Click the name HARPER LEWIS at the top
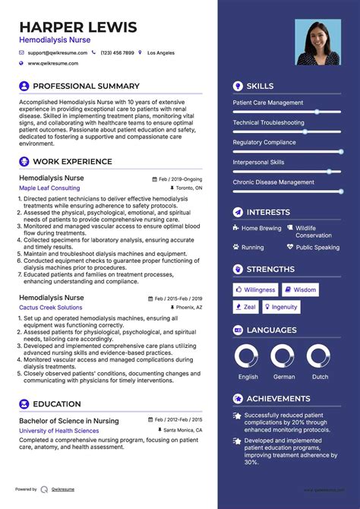(x=77, y=28)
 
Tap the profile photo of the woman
(x=318, y=42)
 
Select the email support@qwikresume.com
(x=58, y=53)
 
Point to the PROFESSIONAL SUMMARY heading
(x=86, y=86)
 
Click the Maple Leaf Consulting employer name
(x=49, y=188)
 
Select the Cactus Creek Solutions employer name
(x=51, y=308)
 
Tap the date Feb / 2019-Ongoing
(x=181, y=179)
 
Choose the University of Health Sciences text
(x=59, y=431)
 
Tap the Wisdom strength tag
(x=301, y=289)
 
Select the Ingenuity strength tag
(x=281, y=307)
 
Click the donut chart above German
(x=283, y=356)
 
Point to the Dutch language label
(x=321, y=377)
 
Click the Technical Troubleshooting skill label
(x=268, y=122)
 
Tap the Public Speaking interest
(x=317, y=247)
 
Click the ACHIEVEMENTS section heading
(x=278, y=398)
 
